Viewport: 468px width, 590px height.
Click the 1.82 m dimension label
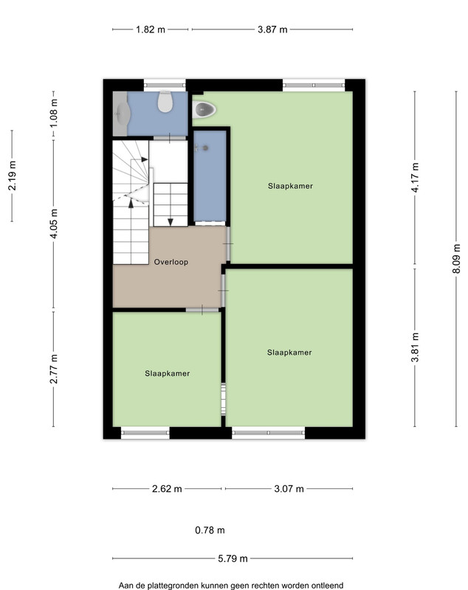pos(151,29)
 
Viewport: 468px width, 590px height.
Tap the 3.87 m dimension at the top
pos(272,29)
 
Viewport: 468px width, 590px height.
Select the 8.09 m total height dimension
pos(456,259)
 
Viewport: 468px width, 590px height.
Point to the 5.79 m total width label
pos(233,558)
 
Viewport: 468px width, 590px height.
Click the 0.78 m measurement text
pos(210,530)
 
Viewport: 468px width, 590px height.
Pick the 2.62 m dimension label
pos(167,489)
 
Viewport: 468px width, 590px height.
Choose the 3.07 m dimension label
pos(289,489)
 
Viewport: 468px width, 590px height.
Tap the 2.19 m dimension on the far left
pos(12,176)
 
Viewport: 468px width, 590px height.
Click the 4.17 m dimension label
pos(415,178)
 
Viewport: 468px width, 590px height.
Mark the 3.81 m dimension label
pos(415,347)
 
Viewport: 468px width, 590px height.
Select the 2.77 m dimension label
pos(54,369)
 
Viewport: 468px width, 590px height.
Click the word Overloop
pos(171,262)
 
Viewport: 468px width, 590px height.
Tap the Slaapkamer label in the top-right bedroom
pos(290,186)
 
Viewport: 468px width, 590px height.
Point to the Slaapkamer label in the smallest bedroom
pos(167,373)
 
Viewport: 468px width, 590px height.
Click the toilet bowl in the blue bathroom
pos(165,101)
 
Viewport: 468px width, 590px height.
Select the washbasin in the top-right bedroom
pos(205,109)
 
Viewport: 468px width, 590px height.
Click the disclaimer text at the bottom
pos(231,586)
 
